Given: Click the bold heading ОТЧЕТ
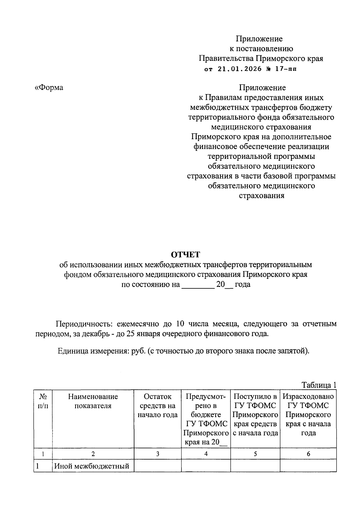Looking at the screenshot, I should (x=185, y=255).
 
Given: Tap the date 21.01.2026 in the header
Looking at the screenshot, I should (x=240, y=69).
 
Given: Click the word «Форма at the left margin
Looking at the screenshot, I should (x=49, y=88).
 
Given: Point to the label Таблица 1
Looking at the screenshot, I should (x=319, y=385).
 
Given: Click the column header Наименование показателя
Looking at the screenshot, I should (x=93, y=401).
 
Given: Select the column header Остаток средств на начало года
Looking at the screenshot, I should (x=157, y=406).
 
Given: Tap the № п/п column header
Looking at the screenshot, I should (x=43, y=401).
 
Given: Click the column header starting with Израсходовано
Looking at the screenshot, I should (x=308, y=415).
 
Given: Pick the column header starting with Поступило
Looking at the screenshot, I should (x=255, y=415).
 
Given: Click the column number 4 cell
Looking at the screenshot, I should (x=206, y=454).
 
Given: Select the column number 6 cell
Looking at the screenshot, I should (x=308, y=454).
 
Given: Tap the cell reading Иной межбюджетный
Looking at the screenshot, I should (x=91, y=466).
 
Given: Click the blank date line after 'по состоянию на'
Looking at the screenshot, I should (x=198, y=284).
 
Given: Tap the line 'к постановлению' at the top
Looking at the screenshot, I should (x=261, y=49).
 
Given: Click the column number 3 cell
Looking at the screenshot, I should (x=157, y=454).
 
